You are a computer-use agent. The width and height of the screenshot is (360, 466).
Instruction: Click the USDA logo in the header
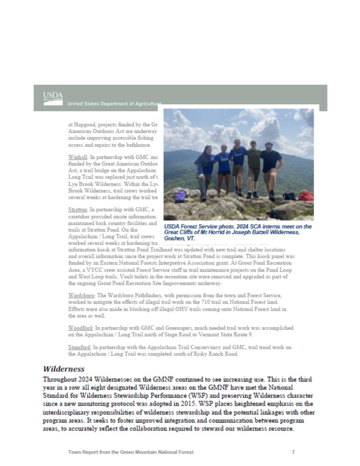[x=53, y=98]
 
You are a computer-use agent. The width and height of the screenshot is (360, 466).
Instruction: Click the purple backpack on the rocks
[x=181, y=196]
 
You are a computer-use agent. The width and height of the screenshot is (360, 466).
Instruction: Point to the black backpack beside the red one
[x=289, y=196]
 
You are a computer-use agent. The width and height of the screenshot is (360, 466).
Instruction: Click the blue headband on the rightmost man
[x=269, y=144]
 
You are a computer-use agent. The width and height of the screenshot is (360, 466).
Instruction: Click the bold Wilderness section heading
[x=64, y=369]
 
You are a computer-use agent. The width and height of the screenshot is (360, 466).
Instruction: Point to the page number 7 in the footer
[x=293, y=452]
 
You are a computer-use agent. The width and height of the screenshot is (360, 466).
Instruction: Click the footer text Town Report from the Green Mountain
[x=130, y=452]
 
